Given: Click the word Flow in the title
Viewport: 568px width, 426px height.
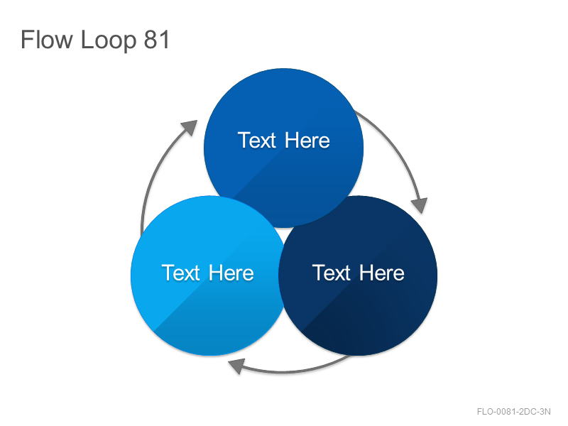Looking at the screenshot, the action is click(x=47, y=39).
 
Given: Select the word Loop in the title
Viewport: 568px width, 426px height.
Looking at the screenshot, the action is click(x=109, y=40).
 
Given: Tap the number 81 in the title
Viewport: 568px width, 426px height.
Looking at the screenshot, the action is click(x=156, y=39).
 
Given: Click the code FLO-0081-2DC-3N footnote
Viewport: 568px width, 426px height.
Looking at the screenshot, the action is click(x=513, y=412).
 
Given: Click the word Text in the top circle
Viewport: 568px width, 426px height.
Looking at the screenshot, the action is click(x=257, y=140).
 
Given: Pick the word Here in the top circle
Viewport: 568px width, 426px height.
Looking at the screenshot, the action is click(x=307, y=140).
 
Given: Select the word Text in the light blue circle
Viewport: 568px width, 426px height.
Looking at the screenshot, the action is click(x=181, y=273).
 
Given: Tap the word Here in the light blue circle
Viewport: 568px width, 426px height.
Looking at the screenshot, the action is click(x=231, y=273).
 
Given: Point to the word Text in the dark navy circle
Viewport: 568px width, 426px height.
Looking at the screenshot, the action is click(x=332, y=273).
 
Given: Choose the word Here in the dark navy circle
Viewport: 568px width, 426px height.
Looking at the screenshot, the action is click(x=382, y=273).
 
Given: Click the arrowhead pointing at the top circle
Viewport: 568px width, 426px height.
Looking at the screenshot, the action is click(x=190, y=128).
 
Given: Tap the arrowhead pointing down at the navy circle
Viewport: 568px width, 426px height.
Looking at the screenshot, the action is click(x=420, y=205).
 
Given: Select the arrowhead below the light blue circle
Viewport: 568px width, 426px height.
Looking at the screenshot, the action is click(x=236, y=366).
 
